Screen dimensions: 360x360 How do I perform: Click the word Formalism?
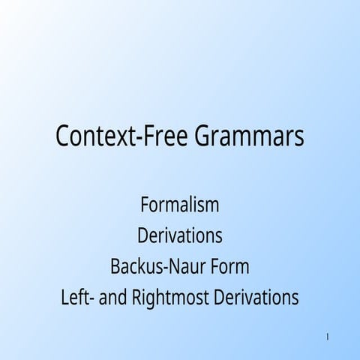pos(179,204)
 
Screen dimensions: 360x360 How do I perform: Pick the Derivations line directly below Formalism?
pos(179,235)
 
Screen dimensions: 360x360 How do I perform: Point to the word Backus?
pos(134,266)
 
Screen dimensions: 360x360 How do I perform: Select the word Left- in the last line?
pos(77,297)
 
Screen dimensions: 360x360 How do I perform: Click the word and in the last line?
pos(114,297)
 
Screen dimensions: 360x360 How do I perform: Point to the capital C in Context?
pos(63,137)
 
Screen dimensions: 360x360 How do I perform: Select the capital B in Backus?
pos(115,266)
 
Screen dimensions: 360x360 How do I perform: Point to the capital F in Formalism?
pos(144,204)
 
